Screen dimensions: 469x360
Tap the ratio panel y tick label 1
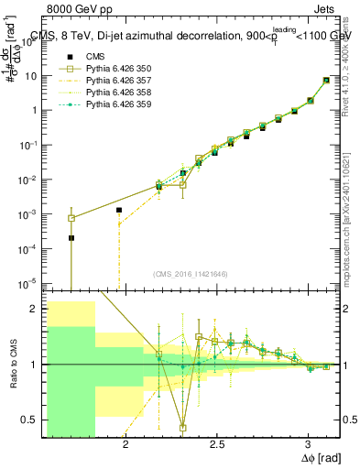point(39,365)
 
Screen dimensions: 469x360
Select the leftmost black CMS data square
point(71,238)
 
